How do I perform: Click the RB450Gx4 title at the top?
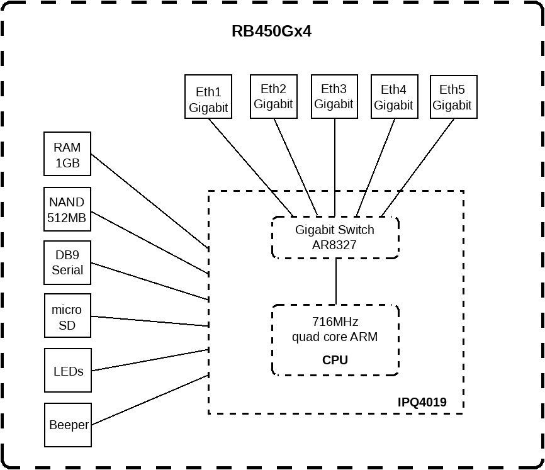point(271,31)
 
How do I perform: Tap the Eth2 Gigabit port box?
point(273,96)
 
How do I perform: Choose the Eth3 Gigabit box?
point(334,96)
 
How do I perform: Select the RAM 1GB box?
point(67,154)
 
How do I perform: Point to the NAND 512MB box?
point(67,210)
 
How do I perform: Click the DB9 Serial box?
point(67,262)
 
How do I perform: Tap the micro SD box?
point(67,316)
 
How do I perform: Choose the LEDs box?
point(68,371)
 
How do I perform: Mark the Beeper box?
point(68,425)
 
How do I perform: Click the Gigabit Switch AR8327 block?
point(335,237)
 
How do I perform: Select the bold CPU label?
point(335,361)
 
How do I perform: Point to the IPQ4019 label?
point(422,402)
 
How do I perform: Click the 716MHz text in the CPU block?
point(335,322)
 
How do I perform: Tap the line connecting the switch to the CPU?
point(335,281)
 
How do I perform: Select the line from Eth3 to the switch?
point(334,167)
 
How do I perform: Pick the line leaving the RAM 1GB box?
point(150,200)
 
